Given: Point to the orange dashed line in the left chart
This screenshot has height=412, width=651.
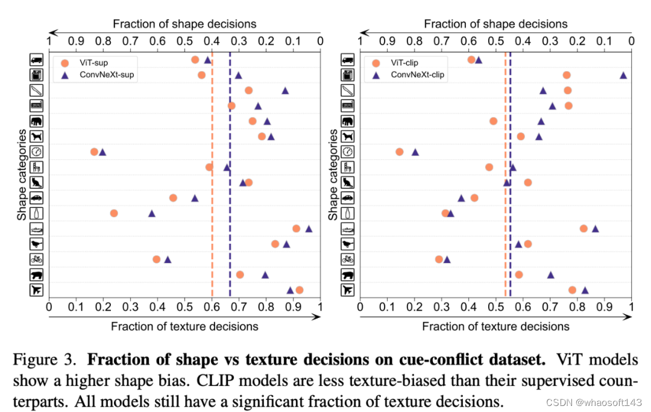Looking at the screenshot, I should (212, 181).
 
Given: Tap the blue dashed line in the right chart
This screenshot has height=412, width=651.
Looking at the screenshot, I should (511, 181).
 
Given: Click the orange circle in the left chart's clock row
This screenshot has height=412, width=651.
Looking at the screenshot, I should (94, 151).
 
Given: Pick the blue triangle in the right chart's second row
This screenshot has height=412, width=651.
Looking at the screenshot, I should (623, 75).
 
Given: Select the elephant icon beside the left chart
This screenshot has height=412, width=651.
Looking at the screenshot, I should (37, 121).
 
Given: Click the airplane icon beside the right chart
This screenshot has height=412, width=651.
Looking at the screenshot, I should (348, 290).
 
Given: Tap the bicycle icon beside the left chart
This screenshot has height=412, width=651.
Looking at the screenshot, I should (37, 259).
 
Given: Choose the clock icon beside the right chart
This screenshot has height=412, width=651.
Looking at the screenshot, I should (348, 151).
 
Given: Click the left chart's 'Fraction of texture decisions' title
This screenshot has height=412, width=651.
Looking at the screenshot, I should (184, 326).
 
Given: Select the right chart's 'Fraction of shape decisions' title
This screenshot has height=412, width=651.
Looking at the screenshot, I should (495, 24).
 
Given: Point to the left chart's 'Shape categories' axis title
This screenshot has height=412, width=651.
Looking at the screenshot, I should (22, 175).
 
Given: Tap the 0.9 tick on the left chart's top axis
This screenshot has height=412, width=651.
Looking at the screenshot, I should (76, 42).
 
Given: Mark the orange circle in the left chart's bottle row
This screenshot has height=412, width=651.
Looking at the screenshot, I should (114, 213).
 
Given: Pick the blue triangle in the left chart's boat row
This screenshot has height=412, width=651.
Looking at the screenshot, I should (309, 229).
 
